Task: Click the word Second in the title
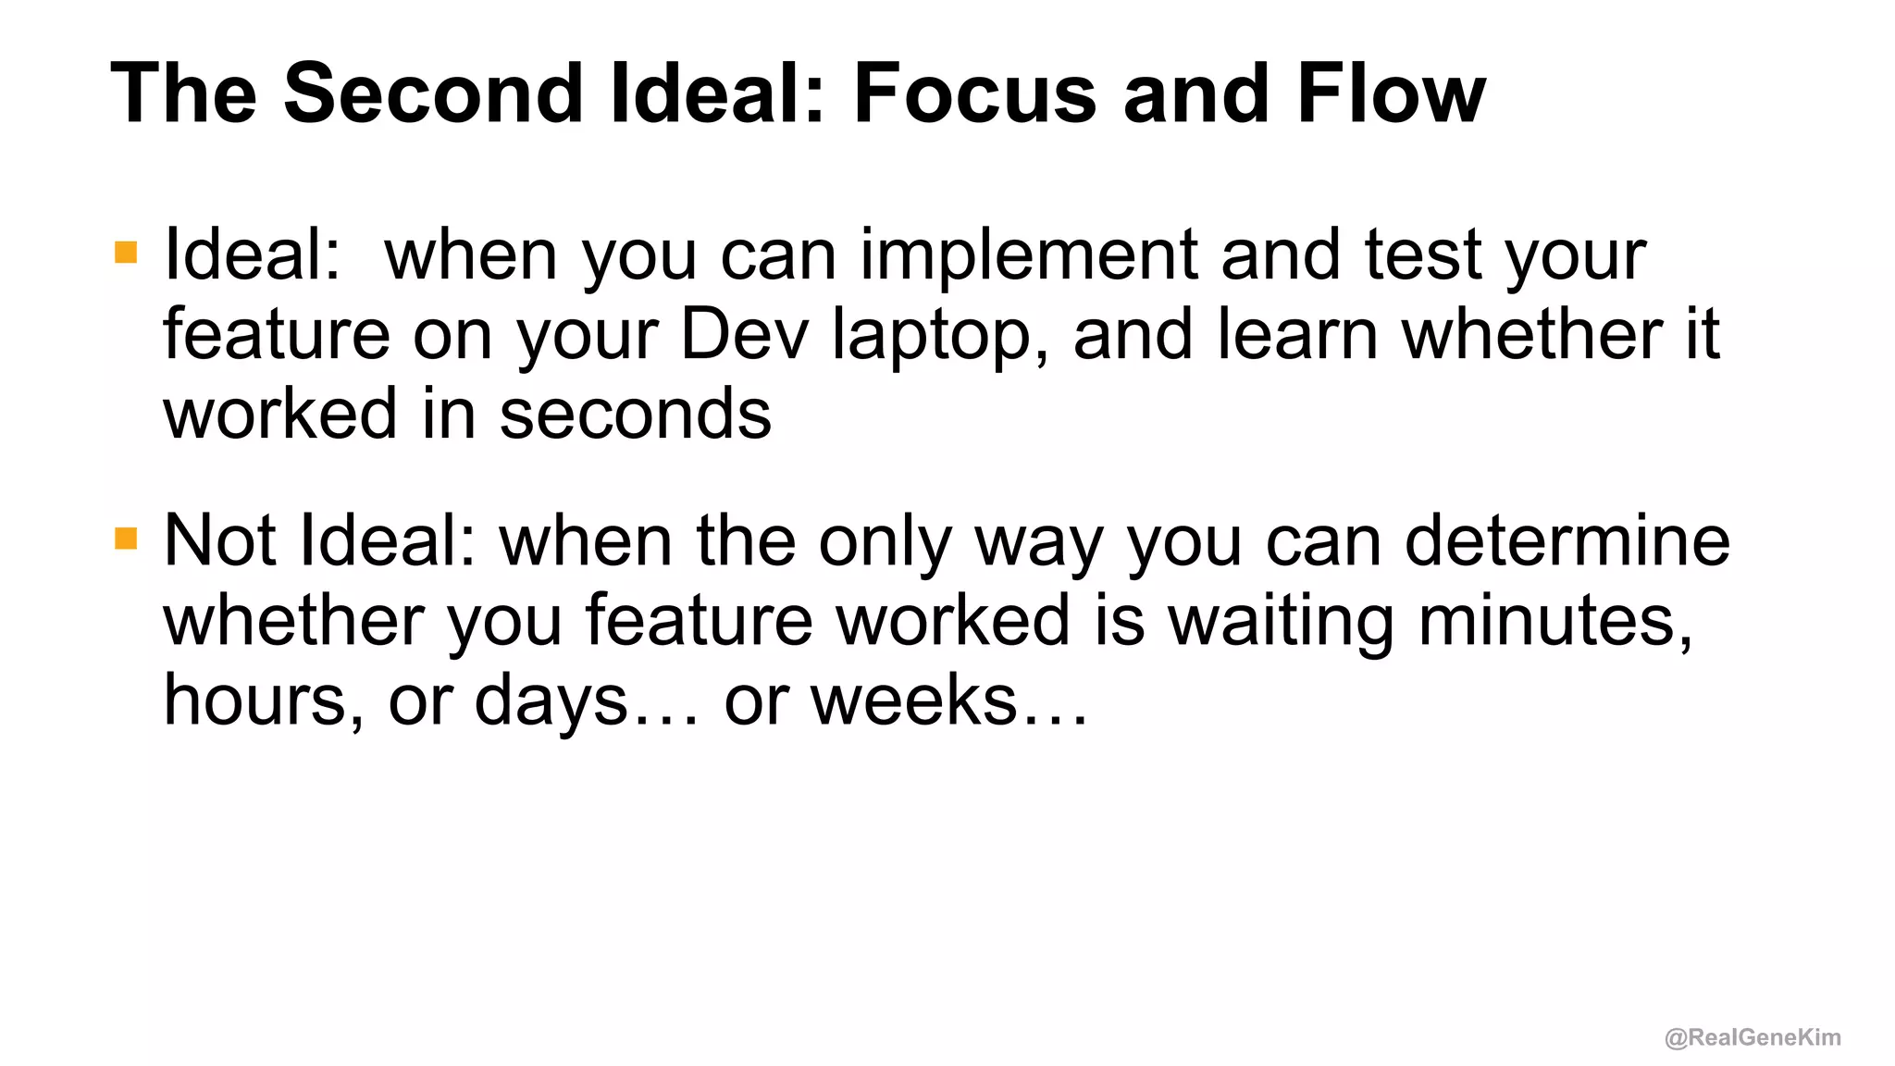pos(433,93)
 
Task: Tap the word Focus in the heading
pos(974,93)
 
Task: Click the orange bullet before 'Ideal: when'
pos(126,253)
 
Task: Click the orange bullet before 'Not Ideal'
pos(126,539)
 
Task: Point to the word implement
pos(1028,255)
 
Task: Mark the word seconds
pos(635,414)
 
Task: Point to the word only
pos(885,544)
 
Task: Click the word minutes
pos(1554,621)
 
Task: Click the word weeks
pos(914,700)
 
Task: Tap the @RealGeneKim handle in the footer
pos(1753,1037)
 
